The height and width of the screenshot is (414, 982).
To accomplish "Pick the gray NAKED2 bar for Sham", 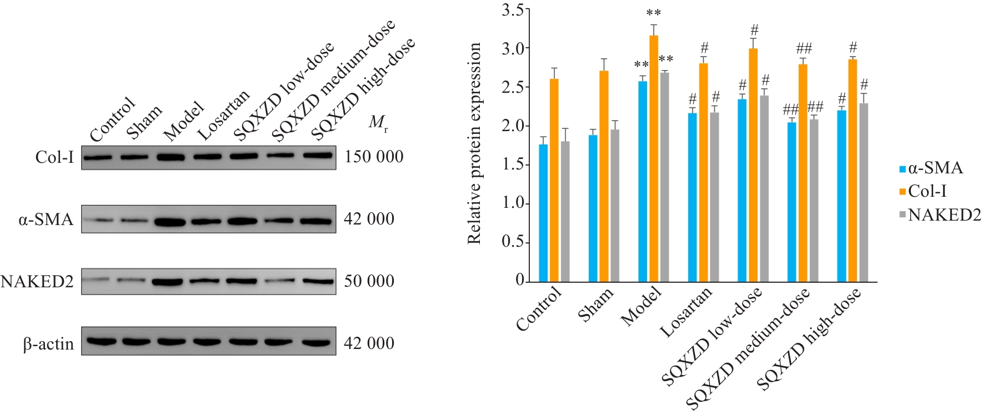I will [x=615, y=206].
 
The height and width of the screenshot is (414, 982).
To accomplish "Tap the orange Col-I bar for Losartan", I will [x=704, y=172].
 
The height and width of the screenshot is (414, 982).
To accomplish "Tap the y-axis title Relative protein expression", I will [x=474, y=143].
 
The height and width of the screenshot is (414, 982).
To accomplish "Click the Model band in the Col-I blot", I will [x=171, y=157].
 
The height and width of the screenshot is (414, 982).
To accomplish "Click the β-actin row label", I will [x=49, y=344].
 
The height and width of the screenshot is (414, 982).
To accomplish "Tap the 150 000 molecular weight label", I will [x=374, y=157].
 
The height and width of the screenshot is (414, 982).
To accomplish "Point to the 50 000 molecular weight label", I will [x=369, y=281].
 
